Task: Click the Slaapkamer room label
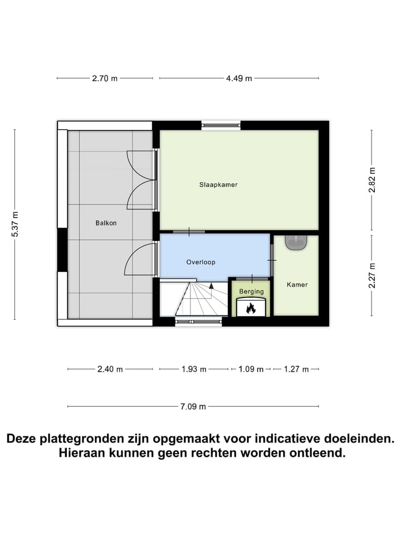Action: tap(218, 184)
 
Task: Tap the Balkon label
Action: tap(106, 223)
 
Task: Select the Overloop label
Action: tap(200, 261)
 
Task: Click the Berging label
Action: tap(251, 291)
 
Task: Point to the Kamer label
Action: tap(297, 285)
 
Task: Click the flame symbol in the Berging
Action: tap(251, 307)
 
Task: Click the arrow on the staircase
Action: tap(211, 286)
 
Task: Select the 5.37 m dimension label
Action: tap(15, 225)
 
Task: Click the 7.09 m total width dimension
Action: tap(193, 406)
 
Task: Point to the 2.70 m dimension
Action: tap(105, 79)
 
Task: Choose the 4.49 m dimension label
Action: tap(239, 79)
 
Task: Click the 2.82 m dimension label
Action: tap(372, 180)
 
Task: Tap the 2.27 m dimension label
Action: tap(372, 276)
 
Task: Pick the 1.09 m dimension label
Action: tap(251, 369)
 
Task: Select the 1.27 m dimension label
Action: tap(296, 369)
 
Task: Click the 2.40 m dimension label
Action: tap(110, 369)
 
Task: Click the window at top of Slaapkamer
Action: tap(221, 125)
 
